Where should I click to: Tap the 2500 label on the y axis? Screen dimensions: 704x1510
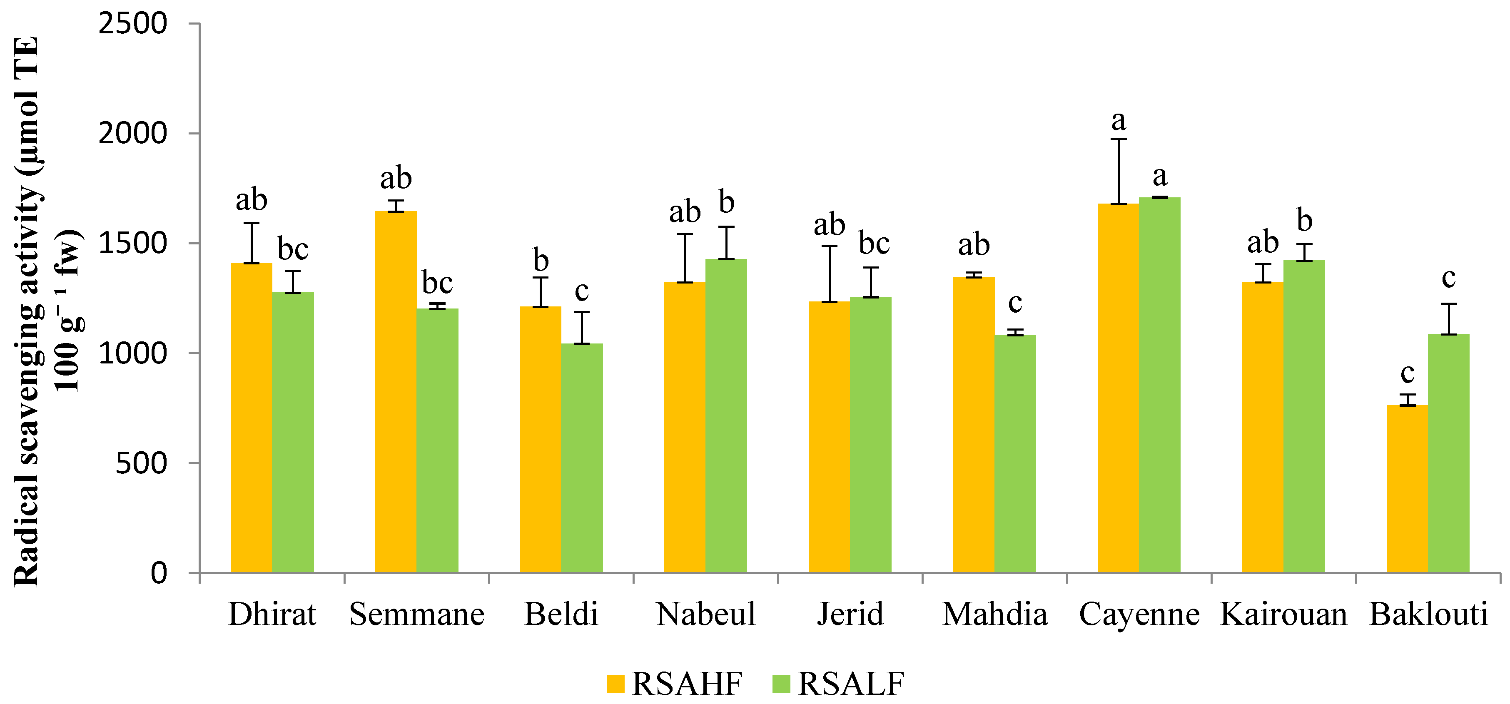(132, 24)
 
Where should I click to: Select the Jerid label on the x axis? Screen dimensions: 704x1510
(850, 615)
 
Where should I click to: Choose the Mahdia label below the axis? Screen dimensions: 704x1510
(995, 615)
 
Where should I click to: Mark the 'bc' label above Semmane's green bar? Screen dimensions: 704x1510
(437, 283)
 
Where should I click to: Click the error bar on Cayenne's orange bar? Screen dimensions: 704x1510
(1119, 171)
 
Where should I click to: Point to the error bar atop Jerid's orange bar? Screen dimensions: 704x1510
(830, 274)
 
